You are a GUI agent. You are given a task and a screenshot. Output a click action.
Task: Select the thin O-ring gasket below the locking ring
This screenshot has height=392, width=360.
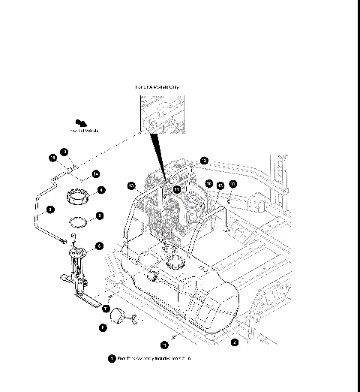(x=77, y=222)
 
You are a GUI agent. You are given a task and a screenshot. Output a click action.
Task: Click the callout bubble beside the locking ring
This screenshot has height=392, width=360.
(x=100, y=191)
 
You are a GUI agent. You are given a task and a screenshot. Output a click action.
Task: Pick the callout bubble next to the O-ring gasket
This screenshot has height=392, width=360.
(x=100, y=216)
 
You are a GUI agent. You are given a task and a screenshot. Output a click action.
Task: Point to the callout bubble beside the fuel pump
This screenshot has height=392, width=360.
(x=100, y=246)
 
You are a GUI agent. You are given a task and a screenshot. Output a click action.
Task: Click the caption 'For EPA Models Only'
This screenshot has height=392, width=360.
(x=157, y=87)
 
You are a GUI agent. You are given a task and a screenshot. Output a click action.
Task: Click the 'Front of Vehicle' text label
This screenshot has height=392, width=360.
(x=85, y=131)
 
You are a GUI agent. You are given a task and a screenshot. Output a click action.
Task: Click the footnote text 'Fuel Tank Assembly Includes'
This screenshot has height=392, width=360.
(x=154, y=359)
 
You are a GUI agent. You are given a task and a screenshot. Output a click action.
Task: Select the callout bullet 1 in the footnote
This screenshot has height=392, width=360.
(x=112, y=359)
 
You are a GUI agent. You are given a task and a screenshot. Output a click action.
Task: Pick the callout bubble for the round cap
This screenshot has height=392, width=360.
(x=103, y=327)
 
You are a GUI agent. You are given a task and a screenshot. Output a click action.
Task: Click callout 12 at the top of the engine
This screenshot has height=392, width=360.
(x=204, y=160)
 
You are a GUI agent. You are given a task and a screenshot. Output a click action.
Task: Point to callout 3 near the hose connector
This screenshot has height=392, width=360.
(x=64, y=152)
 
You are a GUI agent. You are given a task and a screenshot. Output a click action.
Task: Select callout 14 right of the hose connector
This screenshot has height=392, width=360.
(x=96, y=174)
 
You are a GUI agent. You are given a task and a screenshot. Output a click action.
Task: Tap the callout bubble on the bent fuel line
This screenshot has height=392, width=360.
(x=50, y=210)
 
